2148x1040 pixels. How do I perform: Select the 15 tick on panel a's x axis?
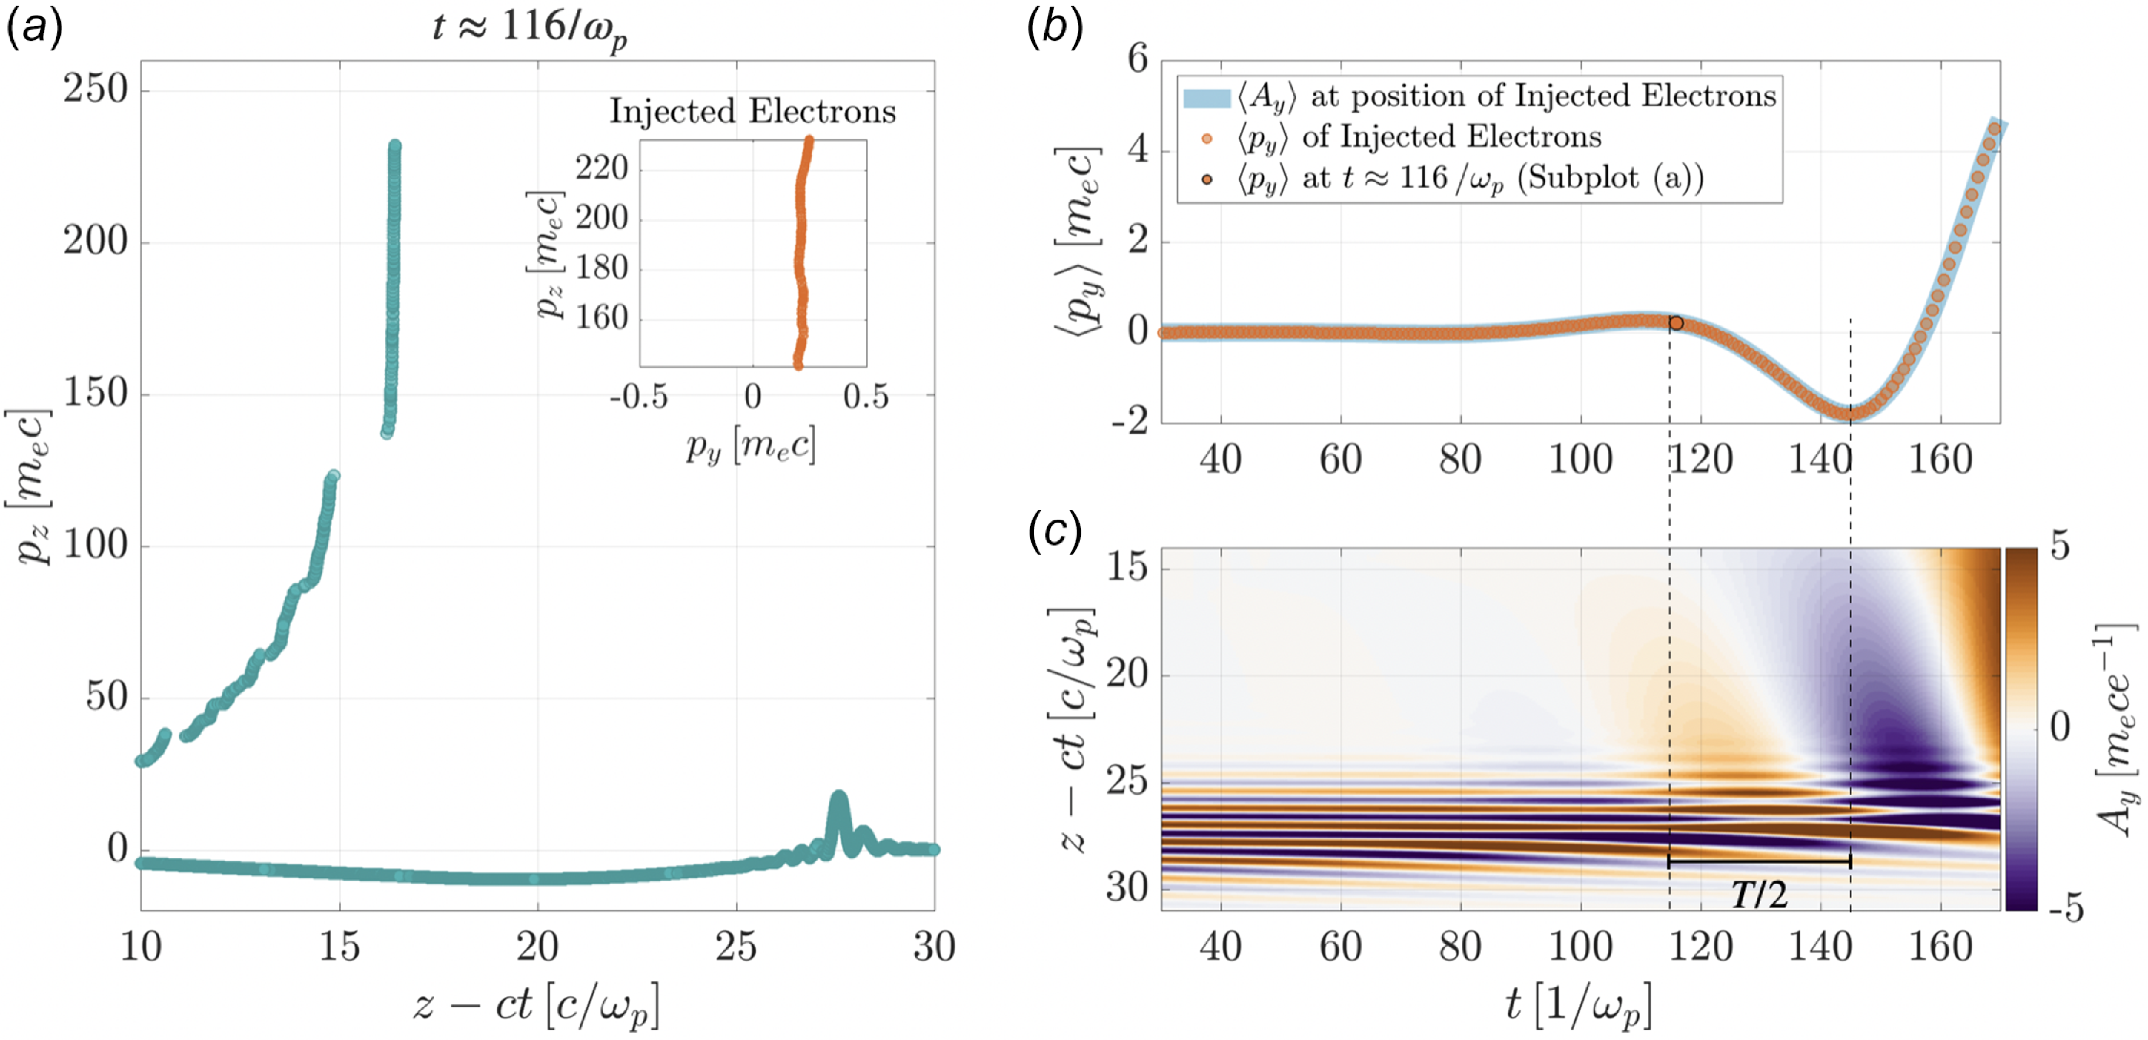click(339, 947)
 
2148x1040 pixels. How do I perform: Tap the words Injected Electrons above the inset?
click(752, 111)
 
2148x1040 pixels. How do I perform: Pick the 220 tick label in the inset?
click(602, 168)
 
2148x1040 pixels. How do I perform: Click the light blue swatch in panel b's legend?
click(1206, 97)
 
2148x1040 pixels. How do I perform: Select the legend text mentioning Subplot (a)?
click(1469, 178)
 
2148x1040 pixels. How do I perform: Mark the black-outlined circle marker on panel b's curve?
click(1676, 323)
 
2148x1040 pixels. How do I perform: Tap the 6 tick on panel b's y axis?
click(1138, 60)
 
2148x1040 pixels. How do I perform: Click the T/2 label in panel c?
click(1760, 895)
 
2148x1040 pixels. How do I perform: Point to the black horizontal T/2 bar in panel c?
click(1760, 862)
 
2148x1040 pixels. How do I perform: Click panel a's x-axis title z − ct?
click(536, 1005)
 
